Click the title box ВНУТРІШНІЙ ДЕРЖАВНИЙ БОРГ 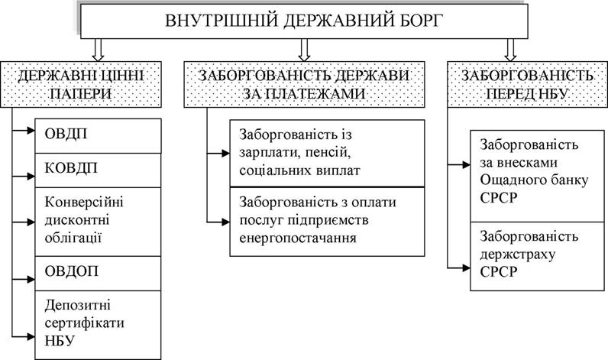(304, 21)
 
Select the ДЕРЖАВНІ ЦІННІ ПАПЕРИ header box (81, 84)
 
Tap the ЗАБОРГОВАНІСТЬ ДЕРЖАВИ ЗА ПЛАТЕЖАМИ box (305, 84)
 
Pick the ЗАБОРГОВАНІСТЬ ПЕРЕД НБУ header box (527, 84)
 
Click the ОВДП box (98, 136)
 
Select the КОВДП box (98, 170)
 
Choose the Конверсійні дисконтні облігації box (98, 222)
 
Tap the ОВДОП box (98, 274)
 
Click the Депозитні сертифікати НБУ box (98, 325)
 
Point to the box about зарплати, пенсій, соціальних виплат (327, 153)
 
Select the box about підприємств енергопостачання (327, 222)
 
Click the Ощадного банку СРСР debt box (538, 176)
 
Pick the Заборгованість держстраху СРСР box (538, 256)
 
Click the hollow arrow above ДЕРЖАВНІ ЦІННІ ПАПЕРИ (98, 50)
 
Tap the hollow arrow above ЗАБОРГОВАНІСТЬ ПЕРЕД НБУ (511, 50)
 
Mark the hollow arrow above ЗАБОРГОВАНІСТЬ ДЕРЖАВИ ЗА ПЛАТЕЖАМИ (305, 50)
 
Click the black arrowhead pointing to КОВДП (31, 176)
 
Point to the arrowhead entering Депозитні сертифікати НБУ (31, 336)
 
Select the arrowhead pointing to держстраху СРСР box (467, 268)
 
